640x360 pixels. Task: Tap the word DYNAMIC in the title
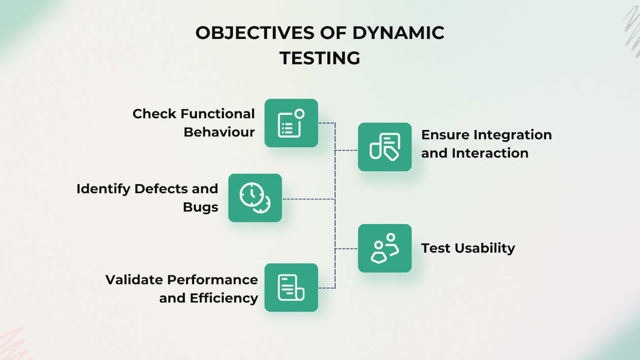coord(398,33)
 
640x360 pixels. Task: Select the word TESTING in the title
coord(320,58)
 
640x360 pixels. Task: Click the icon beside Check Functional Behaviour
coord(291,123)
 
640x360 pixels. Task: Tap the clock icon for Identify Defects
coord(255,198)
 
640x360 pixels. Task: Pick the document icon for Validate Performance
coord(291,288)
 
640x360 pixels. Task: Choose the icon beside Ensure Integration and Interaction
coord(384,147)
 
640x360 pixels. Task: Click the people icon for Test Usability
coord(384,248)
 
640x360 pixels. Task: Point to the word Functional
coord(217,114)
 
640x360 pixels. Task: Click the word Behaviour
coord(219,132)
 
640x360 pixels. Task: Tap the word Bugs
coord(200,207)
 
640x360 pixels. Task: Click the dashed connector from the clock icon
coord(308,199)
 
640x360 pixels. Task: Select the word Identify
coord(103,189)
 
